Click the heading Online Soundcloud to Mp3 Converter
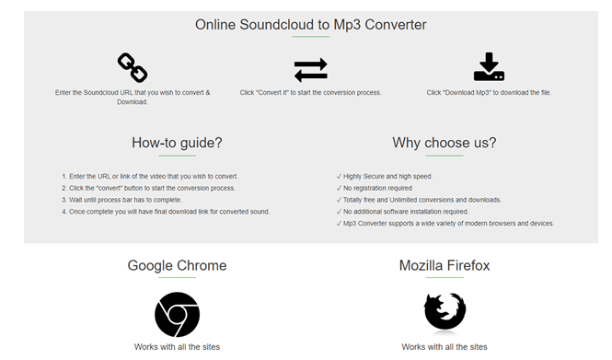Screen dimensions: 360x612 [x=309, y=24]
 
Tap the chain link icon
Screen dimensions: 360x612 [x=132, y=67]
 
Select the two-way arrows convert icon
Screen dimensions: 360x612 [x=310, y=70]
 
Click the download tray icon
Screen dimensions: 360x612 [x=489, y=67]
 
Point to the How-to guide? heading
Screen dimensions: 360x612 [x=177, y=143]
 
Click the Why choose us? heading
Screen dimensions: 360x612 [x=444, y=143]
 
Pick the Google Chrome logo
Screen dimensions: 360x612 [x=177, y=314]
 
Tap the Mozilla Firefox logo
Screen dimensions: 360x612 [x=445, y=312]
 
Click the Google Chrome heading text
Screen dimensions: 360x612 [x=177, y=266]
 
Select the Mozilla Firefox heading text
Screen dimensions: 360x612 [x=445, y=266]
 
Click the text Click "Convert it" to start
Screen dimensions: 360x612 [x=310, y=93]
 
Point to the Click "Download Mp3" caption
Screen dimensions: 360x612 [x=489, y=93]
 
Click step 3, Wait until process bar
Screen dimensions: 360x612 [x=126, y=200]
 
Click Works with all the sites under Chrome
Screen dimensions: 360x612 [x=177, y=347]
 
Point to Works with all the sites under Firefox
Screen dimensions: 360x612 [x=445, y=347]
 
